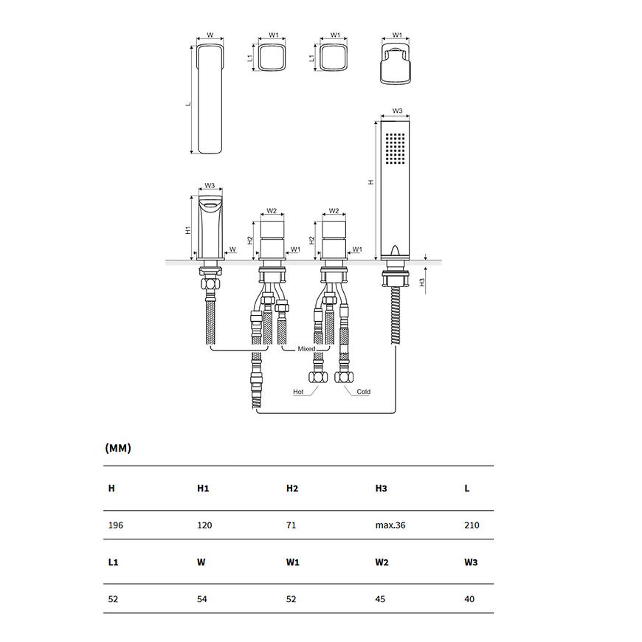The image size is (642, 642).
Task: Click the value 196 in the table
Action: coord(115,525)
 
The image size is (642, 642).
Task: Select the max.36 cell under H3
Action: coord(390,525)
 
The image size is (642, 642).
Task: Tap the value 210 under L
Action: coord(472,525)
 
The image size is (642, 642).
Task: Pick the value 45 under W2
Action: coord(380,599)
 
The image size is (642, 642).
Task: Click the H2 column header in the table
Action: coord(292,488)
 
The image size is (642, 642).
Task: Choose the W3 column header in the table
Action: coord(471,562)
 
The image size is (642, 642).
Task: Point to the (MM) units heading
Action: coord(118,448)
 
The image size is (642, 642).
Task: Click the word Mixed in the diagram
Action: coord(306,349)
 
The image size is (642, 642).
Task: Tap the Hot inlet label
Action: coord(298,392)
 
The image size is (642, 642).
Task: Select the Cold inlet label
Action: coord(364,392)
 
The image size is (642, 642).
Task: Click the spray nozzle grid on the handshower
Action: coord(395,148)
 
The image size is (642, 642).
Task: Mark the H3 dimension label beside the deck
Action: coord(423,282)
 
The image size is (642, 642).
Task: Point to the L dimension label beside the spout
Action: coord(188,104)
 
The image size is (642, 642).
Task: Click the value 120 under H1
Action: coord(204,525)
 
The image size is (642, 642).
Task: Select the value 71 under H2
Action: coord(291,525)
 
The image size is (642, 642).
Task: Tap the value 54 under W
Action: coord(202,599)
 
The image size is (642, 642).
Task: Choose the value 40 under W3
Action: coord(469,599)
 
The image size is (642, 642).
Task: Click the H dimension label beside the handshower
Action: coord(371,182)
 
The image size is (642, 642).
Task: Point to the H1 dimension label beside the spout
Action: coord(188,230)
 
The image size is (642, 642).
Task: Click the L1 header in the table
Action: coord(113,562)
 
